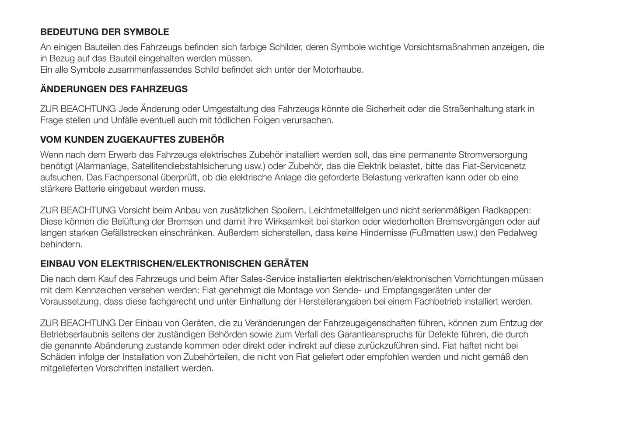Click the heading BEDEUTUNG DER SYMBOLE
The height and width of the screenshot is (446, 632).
(105, 32)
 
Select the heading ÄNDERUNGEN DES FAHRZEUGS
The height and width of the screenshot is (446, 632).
(114, 89)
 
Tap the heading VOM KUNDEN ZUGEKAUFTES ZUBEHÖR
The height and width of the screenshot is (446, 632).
(132, 140)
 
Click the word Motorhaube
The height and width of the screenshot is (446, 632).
(338, 70)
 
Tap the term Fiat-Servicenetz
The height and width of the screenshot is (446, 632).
(494, 166)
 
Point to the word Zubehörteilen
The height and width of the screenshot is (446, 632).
(211, 357)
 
